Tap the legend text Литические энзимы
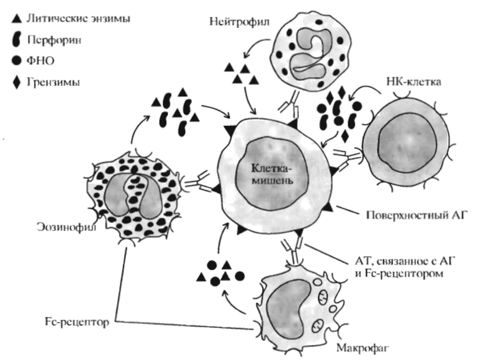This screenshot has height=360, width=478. tap(74, 19)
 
